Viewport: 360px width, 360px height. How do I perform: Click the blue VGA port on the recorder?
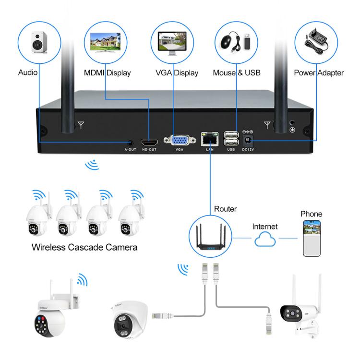180,140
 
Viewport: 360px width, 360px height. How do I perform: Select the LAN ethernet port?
210,139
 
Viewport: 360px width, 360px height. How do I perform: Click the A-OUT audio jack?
131,142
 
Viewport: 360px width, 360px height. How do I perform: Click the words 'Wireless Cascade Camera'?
84,248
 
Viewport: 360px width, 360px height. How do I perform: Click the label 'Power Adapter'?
319,73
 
